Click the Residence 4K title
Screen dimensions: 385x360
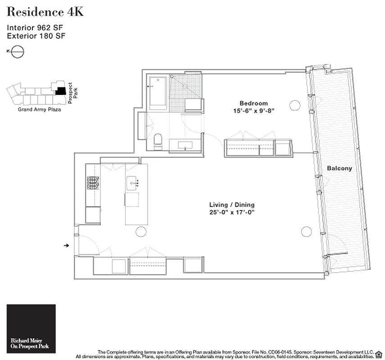coord(45,12)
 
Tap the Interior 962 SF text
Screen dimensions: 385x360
coord(35,27)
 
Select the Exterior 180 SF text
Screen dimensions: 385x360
coord(36,36)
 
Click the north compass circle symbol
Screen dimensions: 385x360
coord(18,52)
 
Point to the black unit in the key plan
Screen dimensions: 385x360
coord(60,91)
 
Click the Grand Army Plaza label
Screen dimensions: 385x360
coord(39,109)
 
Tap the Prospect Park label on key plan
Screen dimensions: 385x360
coord(72,93)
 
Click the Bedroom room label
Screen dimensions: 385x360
coord(254,103)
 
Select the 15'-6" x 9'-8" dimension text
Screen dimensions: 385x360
coord(254,111)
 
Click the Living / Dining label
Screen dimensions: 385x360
coord(232,205)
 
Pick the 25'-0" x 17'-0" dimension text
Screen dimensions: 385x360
coord(232,212)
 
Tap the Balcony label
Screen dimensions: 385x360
coord(340,168)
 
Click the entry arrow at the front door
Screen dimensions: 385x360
coord(66,245)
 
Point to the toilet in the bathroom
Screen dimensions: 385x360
coord(158,142)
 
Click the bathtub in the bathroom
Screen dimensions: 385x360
coord(158,93)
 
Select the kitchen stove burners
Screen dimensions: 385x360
coord(93,183)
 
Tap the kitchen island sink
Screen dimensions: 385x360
coord(131,183)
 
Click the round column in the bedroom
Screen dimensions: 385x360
coord(294,105)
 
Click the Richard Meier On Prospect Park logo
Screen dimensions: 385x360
coord(31,329)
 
